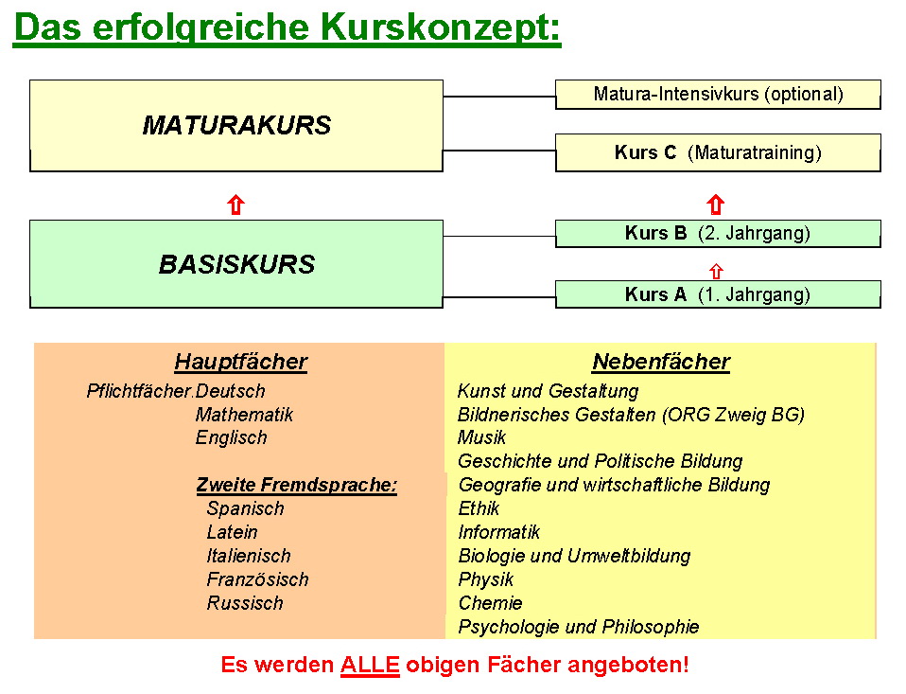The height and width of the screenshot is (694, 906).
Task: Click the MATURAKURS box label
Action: click(x=236, y=126)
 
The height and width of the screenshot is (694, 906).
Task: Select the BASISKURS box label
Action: click(x=236, y=264)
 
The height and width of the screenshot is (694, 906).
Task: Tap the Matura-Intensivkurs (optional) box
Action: click(x=718, y=95)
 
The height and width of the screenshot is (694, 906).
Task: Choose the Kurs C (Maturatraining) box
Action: click(x=718, y=152)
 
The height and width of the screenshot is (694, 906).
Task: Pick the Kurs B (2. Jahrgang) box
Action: click(x=718, y=234)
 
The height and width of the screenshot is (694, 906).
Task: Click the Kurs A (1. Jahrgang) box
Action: click(x=718, y=294)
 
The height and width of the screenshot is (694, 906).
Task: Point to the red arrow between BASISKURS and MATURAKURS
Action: click(x=235, y=205)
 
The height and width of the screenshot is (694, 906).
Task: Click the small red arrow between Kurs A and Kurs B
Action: click(x=716, y=271)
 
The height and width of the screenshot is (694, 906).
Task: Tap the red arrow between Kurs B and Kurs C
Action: click(x=716, y=205)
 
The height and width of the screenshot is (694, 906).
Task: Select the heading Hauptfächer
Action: click(x=241, y=362)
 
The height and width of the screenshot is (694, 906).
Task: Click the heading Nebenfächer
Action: click(x=661, y=362)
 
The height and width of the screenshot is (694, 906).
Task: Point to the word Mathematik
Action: click(x=244, y=415)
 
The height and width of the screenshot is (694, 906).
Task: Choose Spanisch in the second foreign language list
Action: click(x=245, y=508)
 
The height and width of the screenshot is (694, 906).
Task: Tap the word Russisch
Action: click(x=245, y=603)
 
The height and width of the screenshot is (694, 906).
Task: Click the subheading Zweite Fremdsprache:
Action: click(x=296, y=485)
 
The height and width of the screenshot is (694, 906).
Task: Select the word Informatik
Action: click(x=498, y=532)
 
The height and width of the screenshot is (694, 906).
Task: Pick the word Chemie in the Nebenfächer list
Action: click(x=490, y=603)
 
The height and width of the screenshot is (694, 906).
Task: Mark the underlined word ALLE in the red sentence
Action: click(x=370, y=665)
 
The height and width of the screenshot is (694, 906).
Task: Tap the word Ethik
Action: click(x=479, y=508)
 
